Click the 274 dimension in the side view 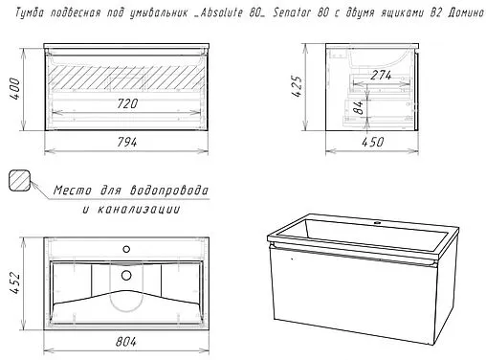pos(382,74)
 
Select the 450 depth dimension pos(373,141)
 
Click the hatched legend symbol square pos(19,179)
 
